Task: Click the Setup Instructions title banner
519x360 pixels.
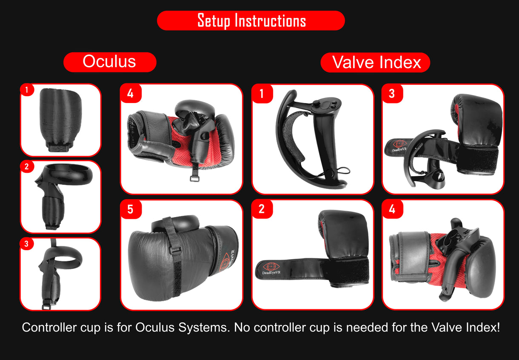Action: (x=251, y=20)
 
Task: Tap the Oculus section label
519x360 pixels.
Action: (x=109, y=62)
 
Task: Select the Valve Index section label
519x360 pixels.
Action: (x=376, y=63)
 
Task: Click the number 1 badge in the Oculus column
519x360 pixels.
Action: (x=27, y=90)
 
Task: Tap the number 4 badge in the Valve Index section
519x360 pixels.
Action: (x=392, y=209)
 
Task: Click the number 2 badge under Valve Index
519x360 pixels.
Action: (x=262, y=209)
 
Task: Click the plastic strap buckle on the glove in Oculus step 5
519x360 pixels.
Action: (x=175, y=250)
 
